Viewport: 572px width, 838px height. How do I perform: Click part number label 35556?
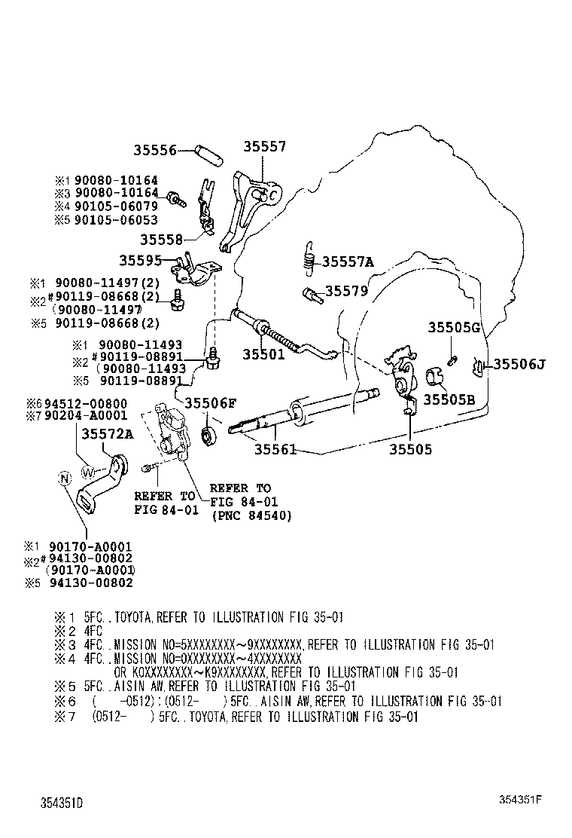[155, 150]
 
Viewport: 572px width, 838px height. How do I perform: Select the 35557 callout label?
[264, 147]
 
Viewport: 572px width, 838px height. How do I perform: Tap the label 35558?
[161, 239]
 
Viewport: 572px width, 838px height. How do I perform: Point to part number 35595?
[140, 261]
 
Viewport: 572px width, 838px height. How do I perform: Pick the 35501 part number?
[263, 353]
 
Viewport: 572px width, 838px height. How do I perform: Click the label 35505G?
[454, 327]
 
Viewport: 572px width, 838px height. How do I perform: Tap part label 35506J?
[519, 365]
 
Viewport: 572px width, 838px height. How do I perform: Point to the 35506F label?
[211, 402]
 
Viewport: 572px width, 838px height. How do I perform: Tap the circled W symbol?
[88, 473]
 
